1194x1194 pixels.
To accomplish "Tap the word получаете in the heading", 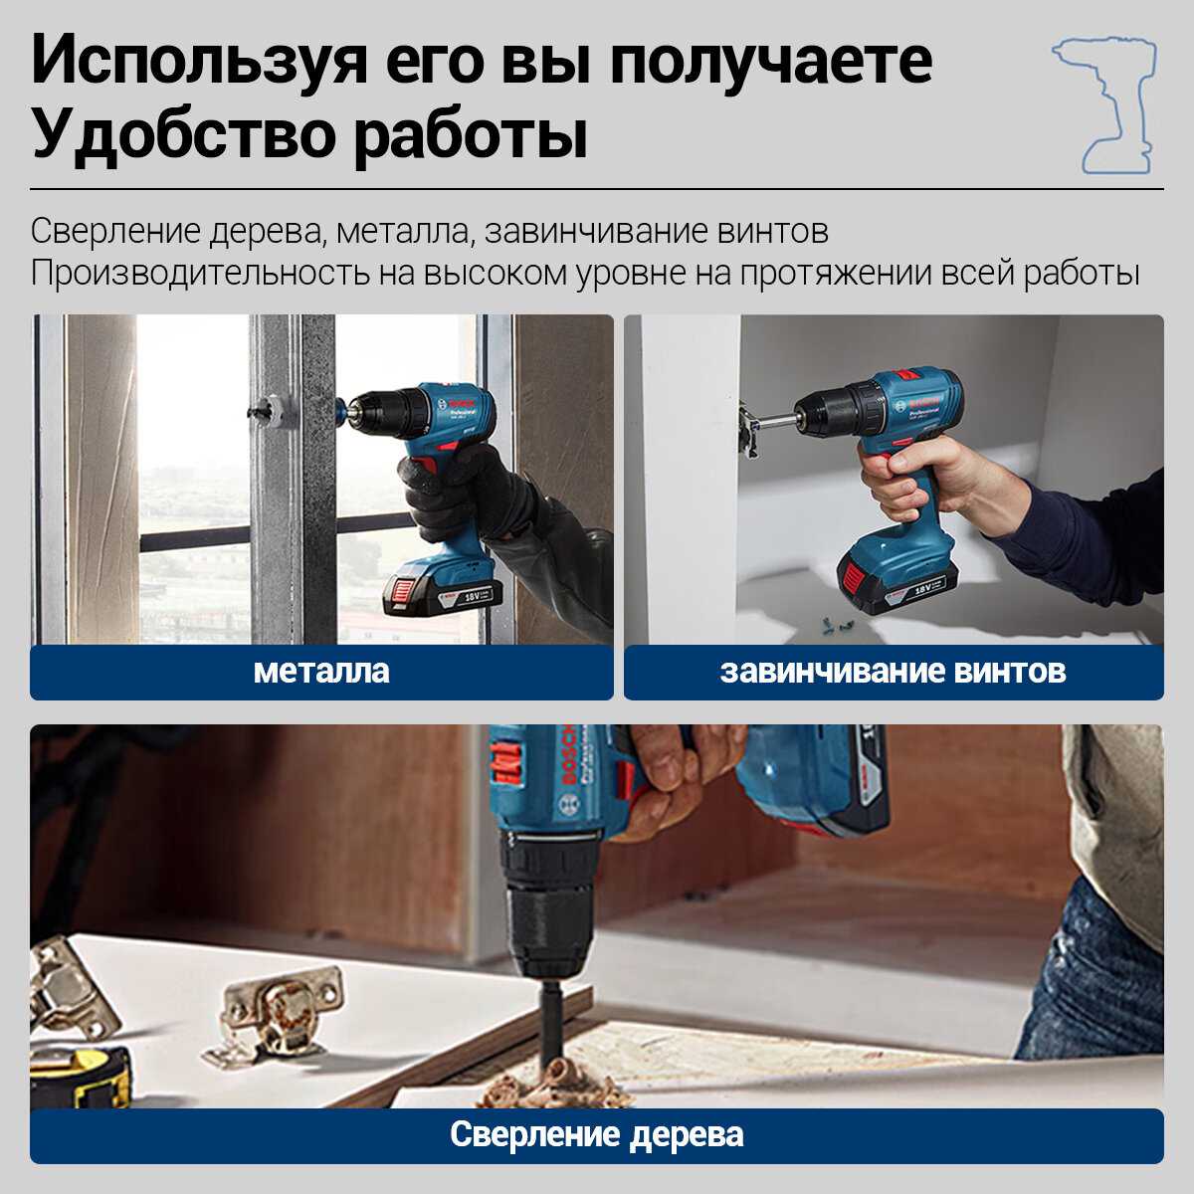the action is pos(771,62).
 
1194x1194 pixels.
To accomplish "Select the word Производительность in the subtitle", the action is pos(200,274).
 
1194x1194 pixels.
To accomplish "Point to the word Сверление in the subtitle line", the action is pos(115,232).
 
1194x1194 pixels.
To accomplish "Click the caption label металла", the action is pos(321,672).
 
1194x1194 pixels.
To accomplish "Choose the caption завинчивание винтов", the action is pos(893,672).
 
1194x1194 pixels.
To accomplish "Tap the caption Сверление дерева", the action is pos(597,1134).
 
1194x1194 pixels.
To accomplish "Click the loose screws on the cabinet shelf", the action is pos(834,627).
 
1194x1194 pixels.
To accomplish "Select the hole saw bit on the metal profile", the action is pos(274,410).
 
